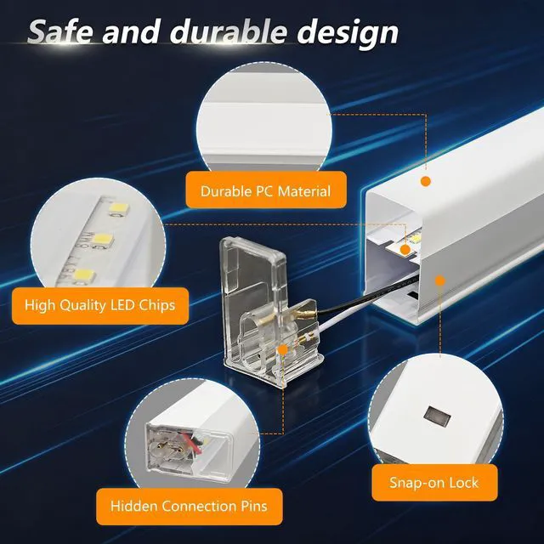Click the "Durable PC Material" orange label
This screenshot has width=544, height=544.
pos(266,190)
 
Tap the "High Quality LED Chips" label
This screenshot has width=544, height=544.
pos(100,306)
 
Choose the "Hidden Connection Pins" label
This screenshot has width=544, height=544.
pos(189,507)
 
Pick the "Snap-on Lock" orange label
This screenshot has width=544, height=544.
pos(434,483)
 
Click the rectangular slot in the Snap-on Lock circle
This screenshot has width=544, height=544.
pos(437,416)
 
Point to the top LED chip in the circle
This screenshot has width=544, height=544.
pos(119,208)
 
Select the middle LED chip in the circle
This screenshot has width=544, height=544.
pos(103,240)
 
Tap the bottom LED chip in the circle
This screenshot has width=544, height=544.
pos(85,275)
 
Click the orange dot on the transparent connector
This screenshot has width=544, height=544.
pos(283,349)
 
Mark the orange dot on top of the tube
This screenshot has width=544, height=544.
pos(426,181)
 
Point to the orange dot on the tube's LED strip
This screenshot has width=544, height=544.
pos(405,250)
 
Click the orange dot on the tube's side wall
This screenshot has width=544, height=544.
pos(440,280)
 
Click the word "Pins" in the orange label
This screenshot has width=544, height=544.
pos(254,507)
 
